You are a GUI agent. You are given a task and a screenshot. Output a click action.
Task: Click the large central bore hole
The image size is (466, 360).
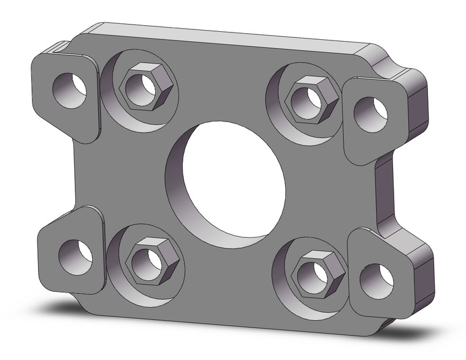(226, 184)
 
